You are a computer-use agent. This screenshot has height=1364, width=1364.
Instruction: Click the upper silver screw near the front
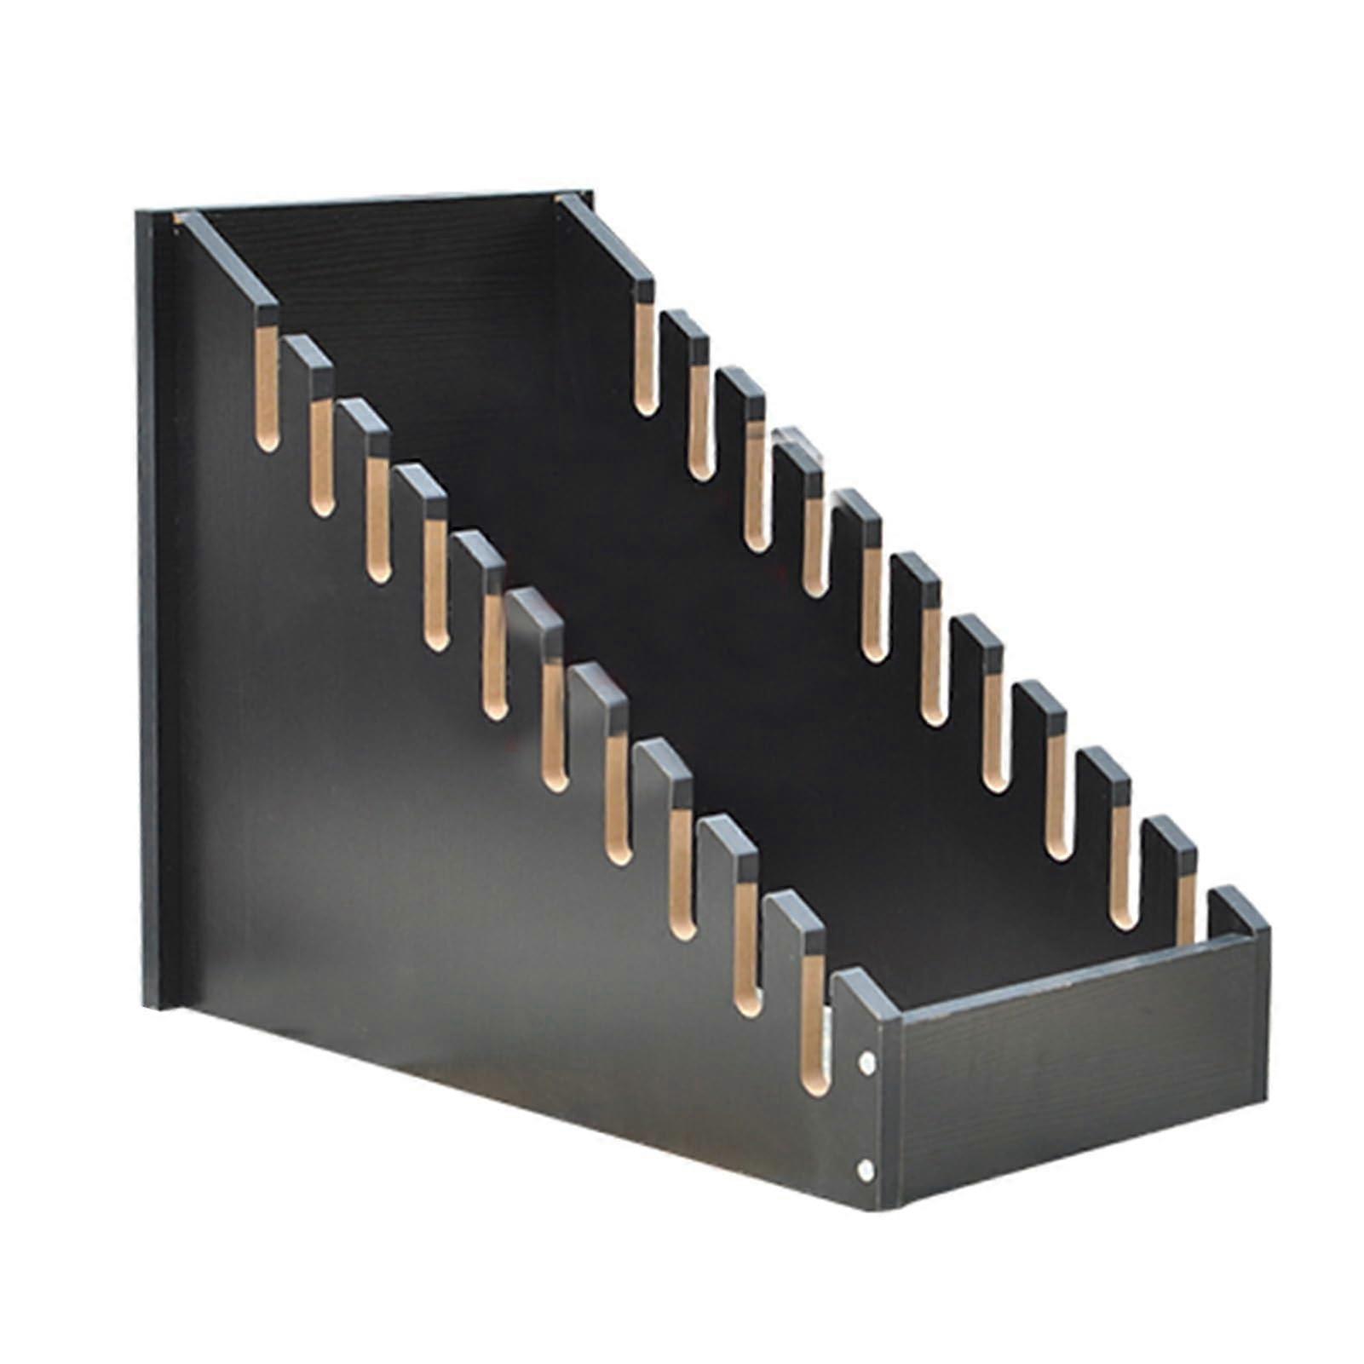866,1062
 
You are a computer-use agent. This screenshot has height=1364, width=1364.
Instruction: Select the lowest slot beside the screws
814,1022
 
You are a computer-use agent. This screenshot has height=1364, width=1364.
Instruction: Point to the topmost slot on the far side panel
645,358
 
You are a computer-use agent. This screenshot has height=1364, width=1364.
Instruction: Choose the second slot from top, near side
321,456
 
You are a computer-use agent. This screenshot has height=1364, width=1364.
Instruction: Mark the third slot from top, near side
378,520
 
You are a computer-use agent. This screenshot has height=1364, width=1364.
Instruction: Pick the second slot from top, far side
699,422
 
